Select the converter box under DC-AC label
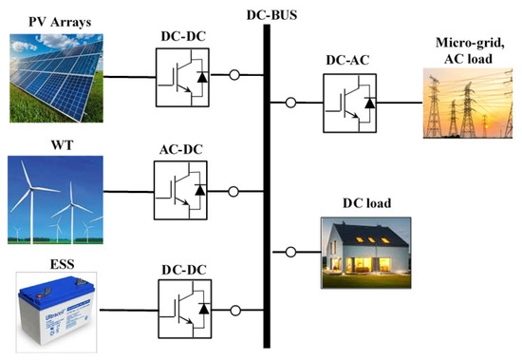[350, 104]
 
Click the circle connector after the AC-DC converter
[233, 192]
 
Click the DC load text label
[366, 203]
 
